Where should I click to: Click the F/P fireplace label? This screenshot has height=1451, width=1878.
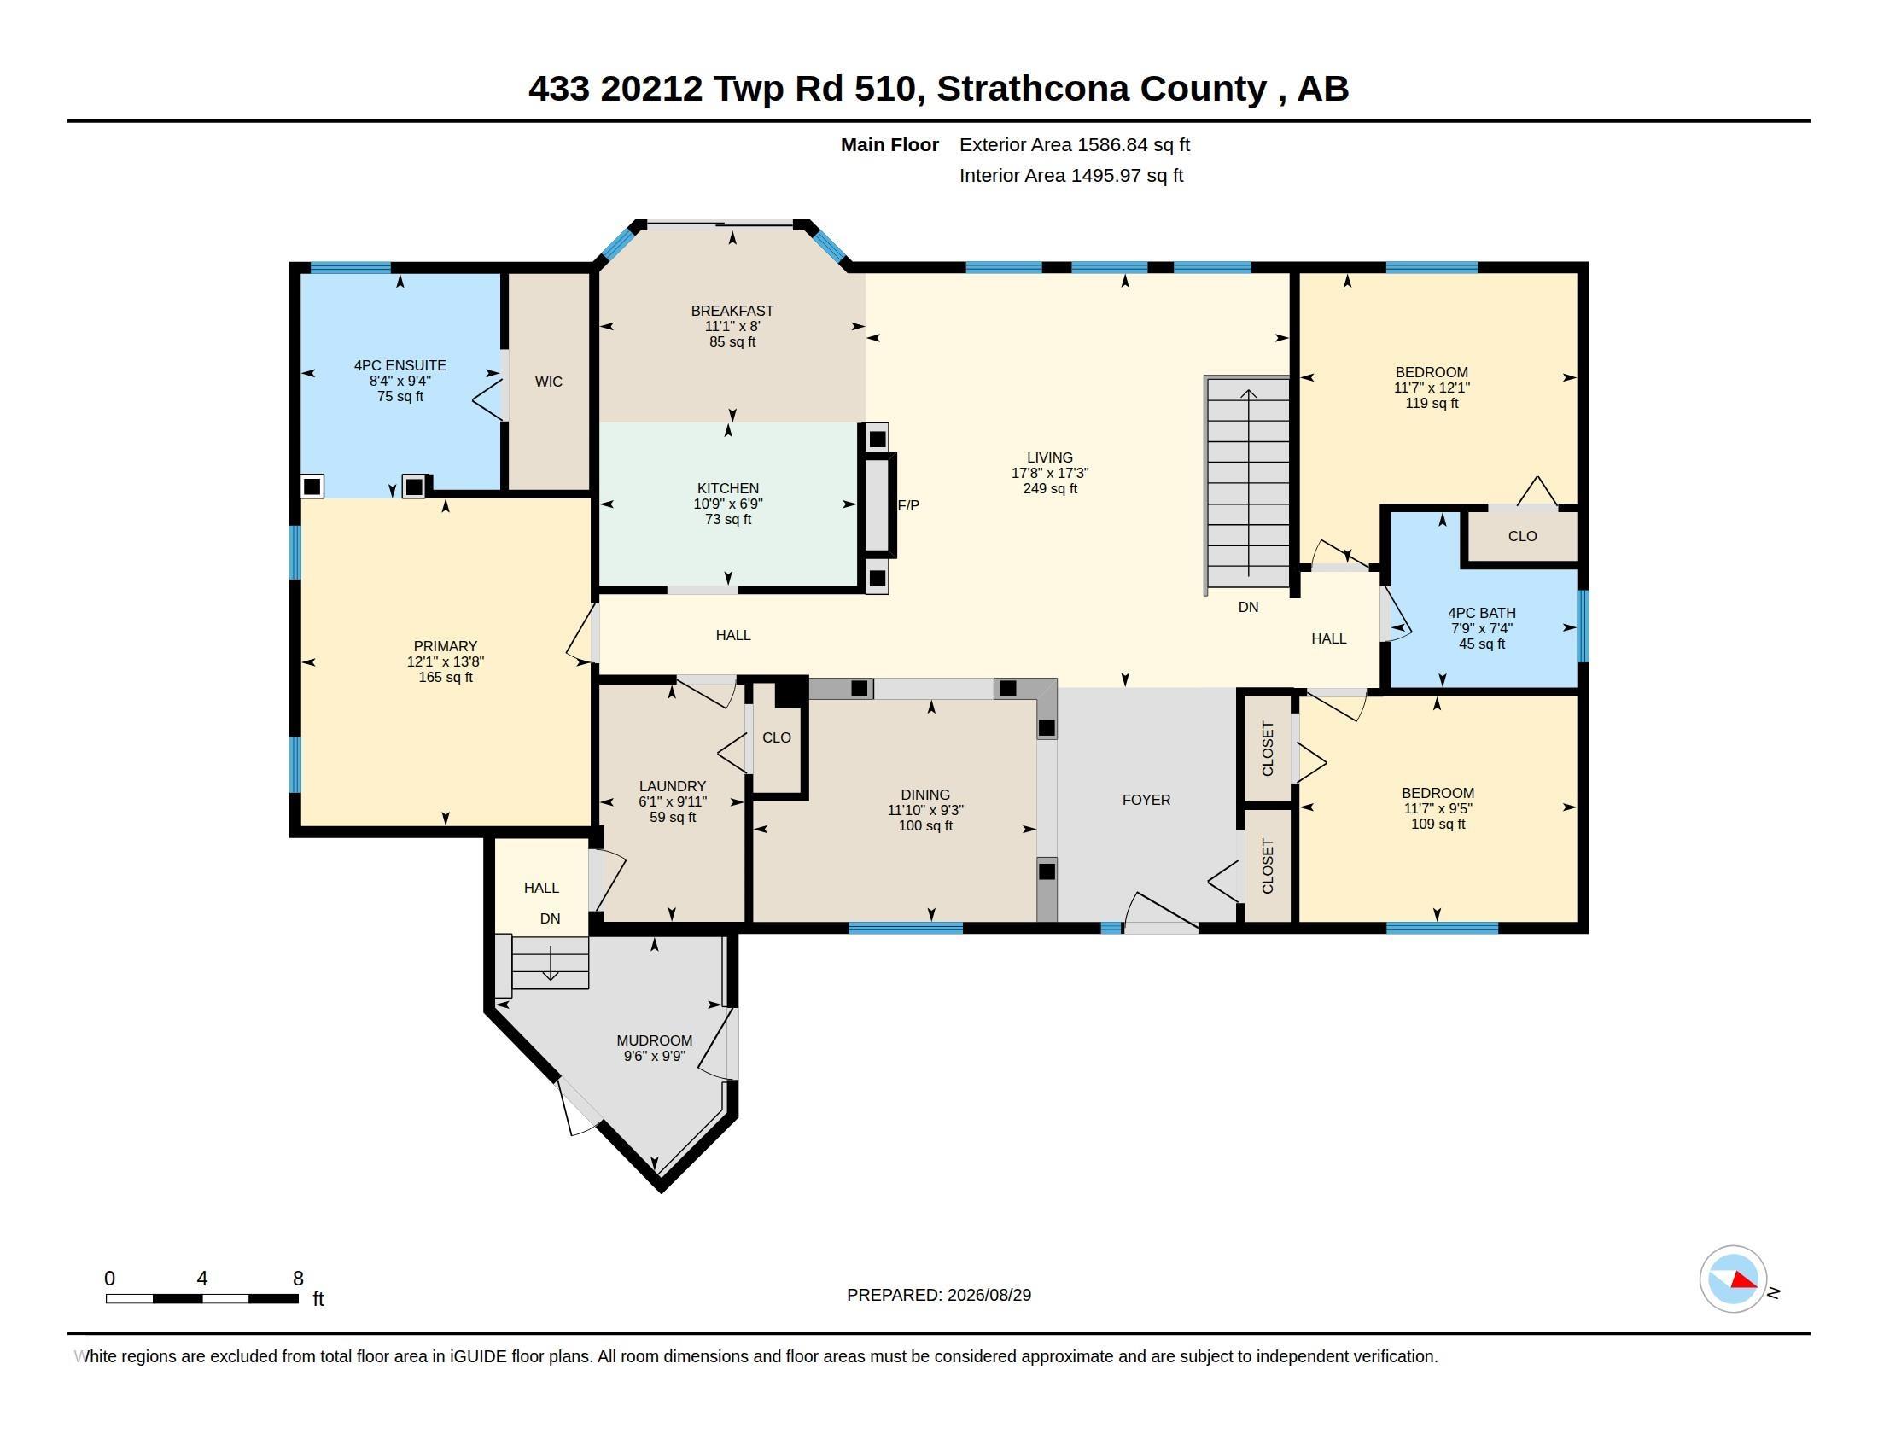(908, 505)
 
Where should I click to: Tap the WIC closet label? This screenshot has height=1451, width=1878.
(549, 382)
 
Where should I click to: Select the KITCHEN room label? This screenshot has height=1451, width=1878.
(728, 488)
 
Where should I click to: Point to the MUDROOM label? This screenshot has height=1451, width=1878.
(655, 1040)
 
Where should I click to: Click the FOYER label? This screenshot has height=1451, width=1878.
(1146, 801)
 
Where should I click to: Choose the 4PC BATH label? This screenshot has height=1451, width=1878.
(1482, 613)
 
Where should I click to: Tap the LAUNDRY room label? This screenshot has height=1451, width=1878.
(673, 785)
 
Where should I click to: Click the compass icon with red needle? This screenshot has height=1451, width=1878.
(1734, 1279)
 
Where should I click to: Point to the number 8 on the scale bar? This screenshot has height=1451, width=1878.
(299, 1279)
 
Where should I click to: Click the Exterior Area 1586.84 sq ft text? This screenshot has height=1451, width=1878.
(1075, 144)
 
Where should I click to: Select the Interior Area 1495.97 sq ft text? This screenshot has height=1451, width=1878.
(1071, 175)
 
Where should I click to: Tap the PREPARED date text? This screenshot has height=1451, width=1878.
(939, 1295)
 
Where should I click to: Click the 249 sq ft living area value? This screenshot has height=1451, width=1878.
(1050, 488)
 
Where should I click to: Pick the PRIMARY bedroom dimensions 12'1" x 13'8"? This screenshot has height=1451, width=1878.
(446, 661)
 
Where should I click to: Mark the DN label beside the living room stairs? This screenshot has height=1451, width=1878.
(1249, 607)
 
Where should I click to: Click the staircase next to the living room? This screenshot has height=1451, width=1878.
(1247, 485)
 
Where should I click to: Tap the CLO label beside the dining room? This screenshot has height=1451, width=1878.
(777, 737)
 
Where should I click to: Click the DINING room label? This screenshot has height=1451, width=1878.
(925, 795)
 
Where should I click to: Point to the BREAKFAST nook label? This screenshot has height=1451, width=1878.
(732, 311)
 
